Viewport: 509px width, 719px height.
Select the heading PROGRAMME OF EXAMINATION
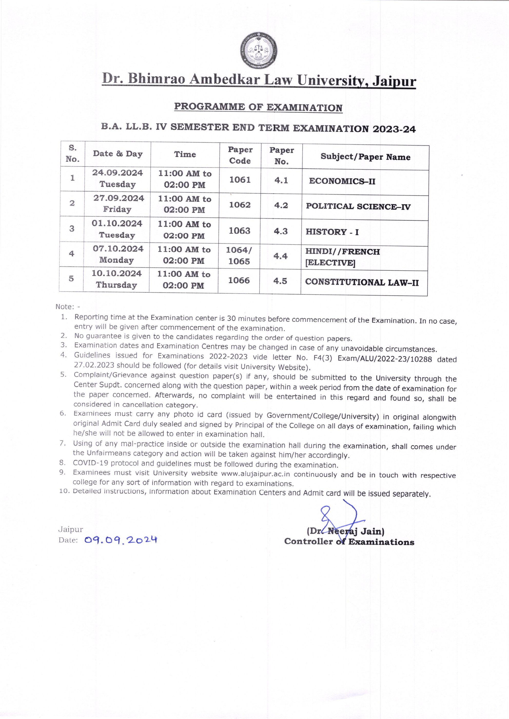click(258, 107)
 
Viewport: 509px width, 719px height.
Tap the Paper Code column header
click(240, 155)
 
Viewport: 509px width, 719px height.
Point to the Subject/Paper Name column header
click(365, 157)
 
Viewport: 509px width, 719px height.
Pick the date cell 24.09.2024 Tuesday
click(118, 178)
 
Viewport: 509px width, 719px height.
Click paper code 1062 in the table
click(240, 205)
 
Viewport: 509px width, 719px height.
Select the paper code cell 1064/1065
click(239, 256)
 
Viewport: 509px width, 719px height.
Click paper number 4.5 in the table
click(280, 281)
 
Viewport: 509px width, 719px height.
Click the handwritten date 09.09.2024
click(121, 540)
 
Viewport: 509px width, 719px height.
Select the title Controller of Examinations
click(349, 542)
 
